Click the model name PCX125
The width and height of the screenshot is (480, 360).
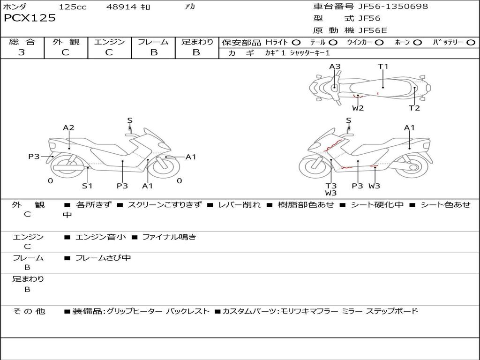tap(30, 18)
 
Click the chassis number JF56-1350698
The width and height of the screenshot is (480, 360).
tap(393, 6)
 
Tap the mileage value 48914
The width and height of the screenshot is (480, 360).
tap(121, 7)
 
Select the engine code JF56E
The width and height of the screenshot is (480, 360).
tap(373, 30)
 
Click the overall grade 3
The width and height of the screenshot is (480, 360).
tap(22, 52)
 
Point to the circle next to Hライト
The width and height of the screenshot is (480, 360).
tap(296, 43)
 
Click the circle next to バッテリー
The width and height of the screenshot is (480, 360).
tap(471, 43)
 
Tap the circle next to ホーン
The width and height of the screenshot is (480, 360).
tap(417, 43)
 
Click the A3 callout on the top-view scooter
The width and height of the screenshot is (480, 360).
tap(335, 67)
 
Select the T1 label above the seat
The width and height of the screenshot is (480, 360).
tap(383, 67)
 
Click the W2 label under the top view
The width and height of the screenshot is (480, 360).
tap(358, 108)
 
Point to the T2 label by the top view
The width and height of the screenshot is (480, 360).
tap(414, 108)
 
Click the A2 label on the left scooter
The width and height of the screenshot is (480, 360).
tap(68, 127)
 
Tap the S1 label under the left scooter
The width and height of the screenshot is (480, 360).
tap(87, 186)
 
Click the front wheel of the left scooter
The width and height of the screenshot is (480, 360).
tap(165, 166)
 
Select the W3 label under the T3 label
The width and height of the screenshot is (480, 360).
tap(331, 193)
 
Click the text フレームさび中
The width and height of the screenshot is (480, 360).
tap(103, 258)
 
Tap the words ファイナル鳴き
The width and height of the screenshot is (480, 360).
tap(169, 237)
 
